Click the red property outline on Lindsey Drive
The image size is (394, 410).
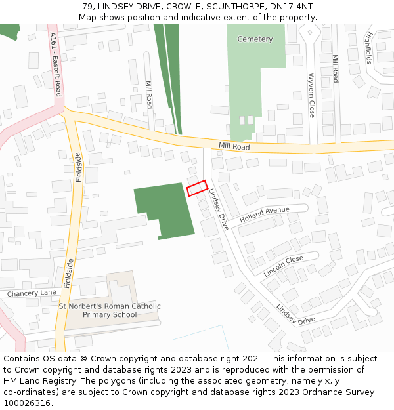[197, 188]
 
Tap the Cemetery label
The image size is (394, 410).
[255, 39]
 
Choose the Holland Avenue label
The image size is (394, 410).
[264, 214]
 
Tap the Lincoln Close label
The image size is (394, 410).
[283, 265]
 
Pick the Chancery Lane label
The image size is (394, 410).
[32, 293]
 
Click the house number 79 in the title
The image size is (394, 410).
[89, 6]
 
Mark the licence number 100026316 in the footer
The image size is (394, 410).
[26, 403]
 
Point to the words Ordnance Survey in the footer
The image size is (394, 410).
[342, 392]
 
